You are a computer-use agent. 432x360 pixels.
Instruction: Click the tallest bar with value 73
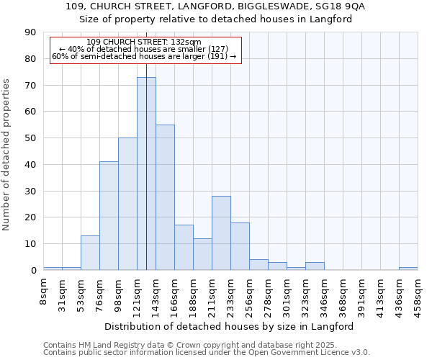point(146,174)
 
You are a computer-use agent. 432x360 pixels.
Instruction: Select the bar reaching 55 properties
point(165,197)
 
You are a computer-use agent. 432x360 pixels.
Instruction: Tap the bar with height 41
point(109,216)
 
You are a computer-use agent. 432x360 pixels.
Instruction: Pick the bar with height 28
point(221,233)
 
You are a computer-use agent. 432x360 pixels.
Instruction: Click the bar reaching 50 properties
point(127,204)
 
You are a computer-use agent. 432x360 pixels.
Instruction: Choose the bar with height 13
point(90,253)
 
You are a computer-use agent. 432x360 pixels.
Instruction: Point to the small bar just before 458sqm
point(408,269)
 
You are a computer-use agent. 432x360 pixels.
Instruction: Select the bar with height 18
point(240,246)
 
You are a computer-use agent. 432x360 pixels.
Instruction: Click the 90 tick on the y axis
point(30,32)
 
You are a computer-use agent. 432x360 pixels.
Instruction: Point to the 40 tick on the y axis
point(30,165)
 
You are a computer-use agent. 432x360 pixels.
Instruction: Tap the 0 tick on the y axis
point(33,271)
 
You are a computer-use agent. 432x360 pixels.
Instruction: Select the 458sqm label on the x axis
point(418,294)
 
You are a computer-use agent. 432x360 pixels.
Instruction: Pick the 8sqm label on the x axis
point(43,291)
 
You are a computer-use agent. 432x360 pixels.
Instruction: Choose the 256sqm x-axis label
point(249,294)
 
